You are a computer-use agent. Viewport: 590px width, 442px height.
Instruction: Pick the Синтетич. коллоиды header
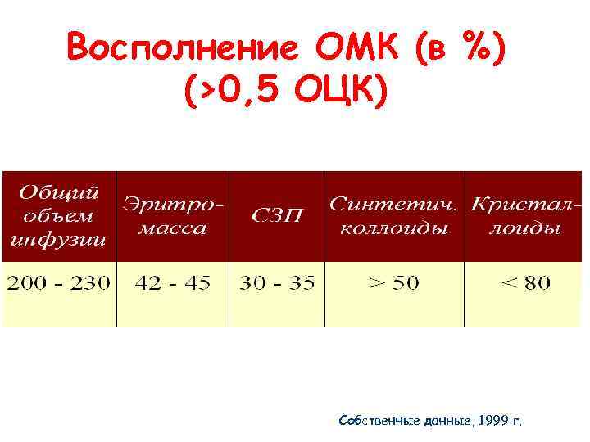(394, 215)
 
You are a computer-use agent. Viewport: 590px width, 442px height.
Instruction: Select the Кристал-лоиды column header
(525, 215)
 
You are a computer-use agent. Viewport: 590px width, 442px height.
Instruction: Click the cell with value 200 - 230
(59, 283)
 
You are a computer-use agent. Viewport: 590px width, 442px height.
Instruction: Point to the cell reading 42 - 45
(173, 283)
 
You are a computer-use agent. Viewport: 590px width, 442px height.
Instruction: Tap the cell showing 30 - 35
(276, 283)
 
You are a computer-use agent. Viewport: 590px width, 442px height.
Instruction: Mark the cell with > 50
(394, 283)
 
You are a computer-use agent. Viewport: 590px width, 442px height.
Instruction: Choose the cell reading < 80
(525, 283)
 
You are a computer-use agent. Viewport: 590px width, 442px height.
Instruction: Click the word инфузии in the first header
(59, 240)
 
